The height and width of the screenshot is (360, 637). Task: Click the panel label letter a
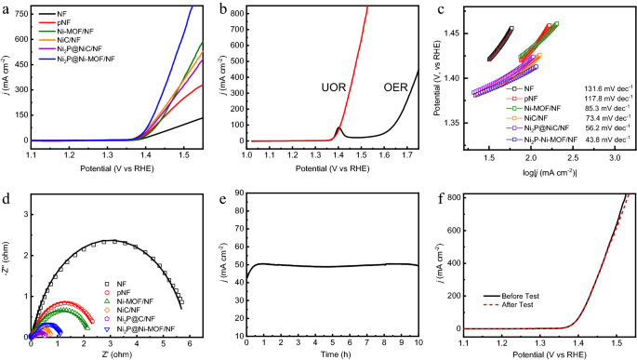pyautogui.click(x=7, y=8)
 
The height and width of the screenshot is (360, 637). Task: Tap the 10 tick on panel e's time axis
pyautogui.click(x=418, y=342)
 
